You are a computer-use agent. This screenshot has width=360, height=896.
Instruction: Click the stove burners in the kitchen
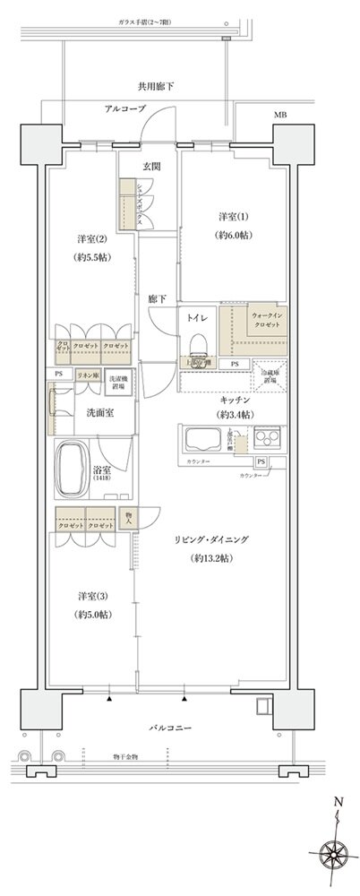tap(269, 440)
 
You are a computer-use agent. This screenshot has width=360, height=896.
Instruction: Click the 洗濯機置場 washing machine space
tap(119, 381)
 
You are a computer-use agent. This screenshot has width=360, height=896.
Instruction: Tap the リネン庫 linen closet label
tap(87, 375)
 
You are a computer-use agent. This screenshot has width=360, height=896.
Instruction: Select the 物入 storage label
tap(127, 518)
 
